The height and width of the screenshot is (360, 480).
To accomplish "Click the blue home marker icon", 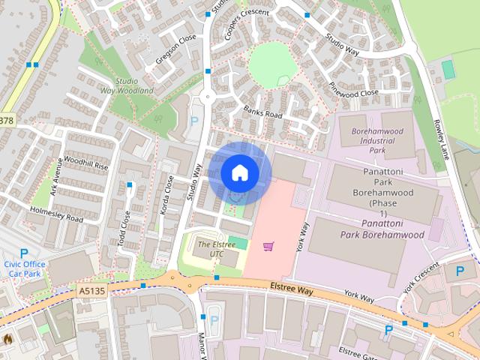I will click(x=239, y=172).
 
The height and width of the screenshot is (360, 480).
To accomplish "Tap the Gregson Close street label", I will click(x=177, y=38).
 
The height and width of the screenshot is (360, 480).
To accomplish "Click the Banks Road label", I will click(x=262, y=112).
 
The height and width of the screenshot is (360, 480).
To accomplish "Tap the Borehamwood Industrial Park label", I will click(x=372, y=140).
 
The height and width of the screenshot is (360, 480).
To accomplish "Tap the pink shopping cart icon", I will click(x=268, y=245).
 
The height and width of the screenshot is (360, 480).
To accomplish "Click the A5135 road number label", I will click(x=91, y=291).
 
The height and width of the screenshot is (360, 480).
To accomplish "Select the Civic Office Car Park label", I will click(x=25, y=268).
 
